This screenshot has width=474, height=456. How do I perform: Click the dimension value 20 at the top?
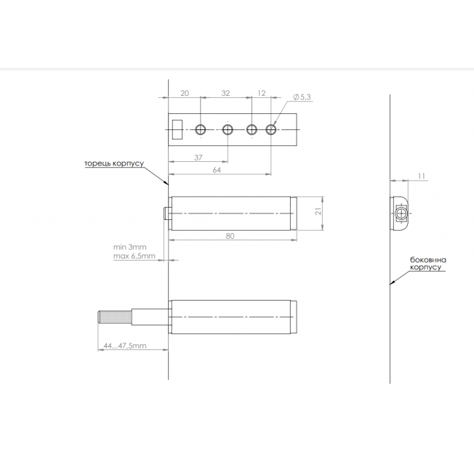tap(185, 93)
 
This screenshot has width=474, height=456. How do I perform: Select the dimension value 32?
tap(225, 93)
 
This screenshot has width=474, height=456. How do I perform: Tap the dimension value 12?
tap(262, 93)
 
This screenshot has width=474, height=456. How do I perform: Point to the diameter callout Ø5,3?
tap(302, 97)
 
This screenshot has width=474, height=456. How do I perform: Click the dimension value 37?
tap(198, 158)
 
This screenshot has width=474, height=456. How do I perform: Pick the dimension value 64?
tap(217, 170)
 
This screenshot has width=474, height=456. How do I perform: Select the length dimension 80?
tap(230, 236)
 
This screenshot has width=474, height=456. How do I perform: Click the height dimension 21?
tap(318, 211)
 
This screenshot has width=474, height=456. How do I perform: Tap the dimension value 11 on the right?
tap(422, 176)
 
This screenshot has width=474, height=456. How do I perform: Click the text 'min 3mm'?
tap(129, 247)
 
